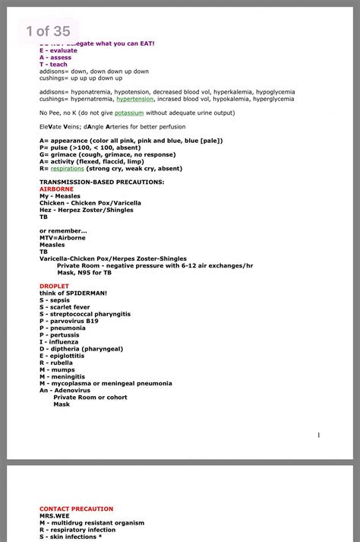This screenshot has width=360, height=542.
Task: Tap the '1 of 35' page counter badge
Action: (x=47, y=31)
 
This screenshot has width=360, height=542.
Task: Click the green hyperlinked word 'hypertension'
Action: (x=134, y=99)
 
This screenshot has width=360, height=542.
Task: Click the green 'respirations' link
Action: (x=62, y=169)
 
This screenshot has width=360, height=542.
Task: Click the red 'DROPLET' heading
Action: (x=54, y=286)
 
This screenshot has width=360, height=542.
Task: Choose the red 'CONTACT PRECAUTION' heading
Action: (x=77, y=509)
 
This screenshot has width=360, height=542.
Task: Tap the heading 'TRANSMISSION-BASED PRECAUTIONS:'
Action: (x=102, y=182)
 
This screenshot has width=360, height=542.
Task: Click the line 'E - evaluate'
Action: (x=58, y=50)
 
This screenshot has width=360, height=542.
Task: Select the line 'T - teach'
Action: (x=53, y=65)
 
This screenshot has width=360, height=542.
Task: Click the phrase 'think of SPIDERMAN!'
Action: (x=73, y=293)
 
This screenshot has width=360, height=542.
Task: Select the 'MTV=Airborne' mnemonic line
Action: (x=62, y=238)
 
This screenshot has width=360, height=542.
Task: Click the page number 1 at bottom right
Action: (x=319, y=435)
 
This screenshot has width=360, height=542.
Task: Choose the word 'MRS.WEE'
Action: (x=53, y=516)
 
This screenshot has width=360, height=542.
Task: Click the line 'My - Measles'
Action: (x=60, y=196)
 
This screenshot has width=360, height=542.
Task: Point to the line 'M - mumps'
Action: (x=62, y=369)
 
